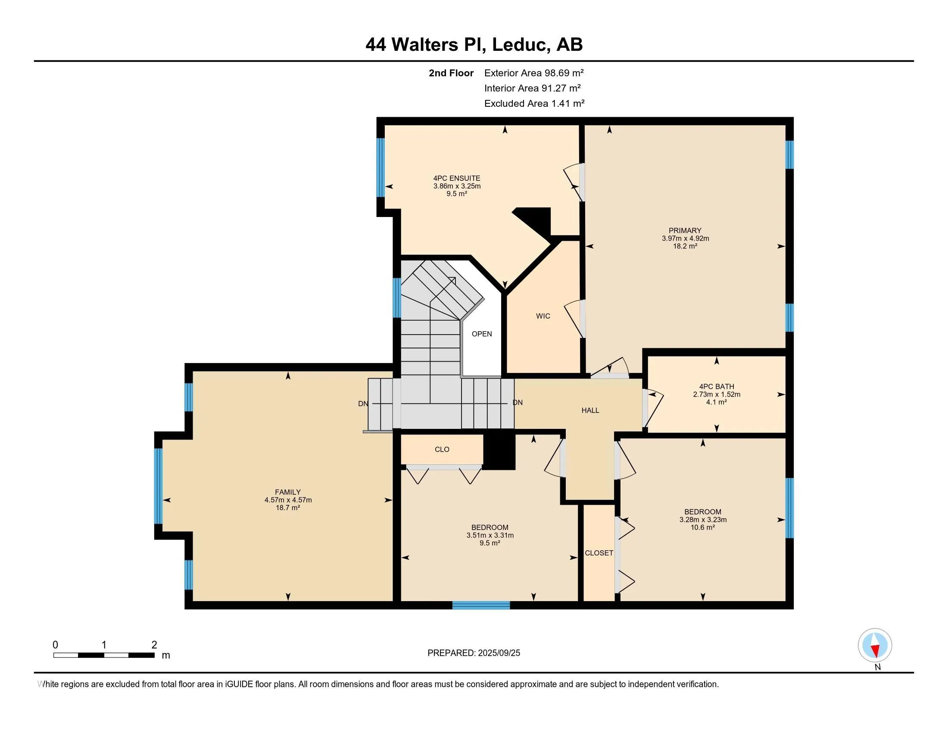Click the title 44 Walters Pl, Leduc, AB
[x=474, y=45]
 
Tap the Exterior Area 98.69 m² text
[x=533, y=73]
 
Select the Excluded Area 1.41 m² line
[x=534, y=104]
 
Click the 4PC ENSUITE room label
[x=457, y=178]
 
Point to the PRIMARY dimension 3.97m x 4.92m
[x=685, y=239]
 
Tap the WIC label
[x=543, y=316]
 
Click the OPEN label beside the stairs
[x=481, y=334]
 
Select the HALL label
[x=590, y=410]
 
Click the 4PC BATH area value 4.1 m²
[x=716, y=403]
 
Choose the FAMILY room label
[x=287, y=492]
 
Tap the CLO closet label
[x=442, y=450]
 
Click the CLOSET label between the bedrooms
[x=599, y=553]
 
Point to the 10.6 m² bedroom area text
[x=702, y=528]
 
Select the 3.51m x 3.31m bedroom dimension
[x=490, y=536]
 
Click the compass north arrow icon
[x=875, y=645]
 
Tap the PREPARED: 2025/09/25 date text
[x=474, y=653]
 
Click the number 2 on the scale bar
[x=154, y=645]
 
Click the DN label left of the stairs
[x=363, y=404]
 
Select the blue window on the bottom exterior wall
[x=481, y=605]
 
